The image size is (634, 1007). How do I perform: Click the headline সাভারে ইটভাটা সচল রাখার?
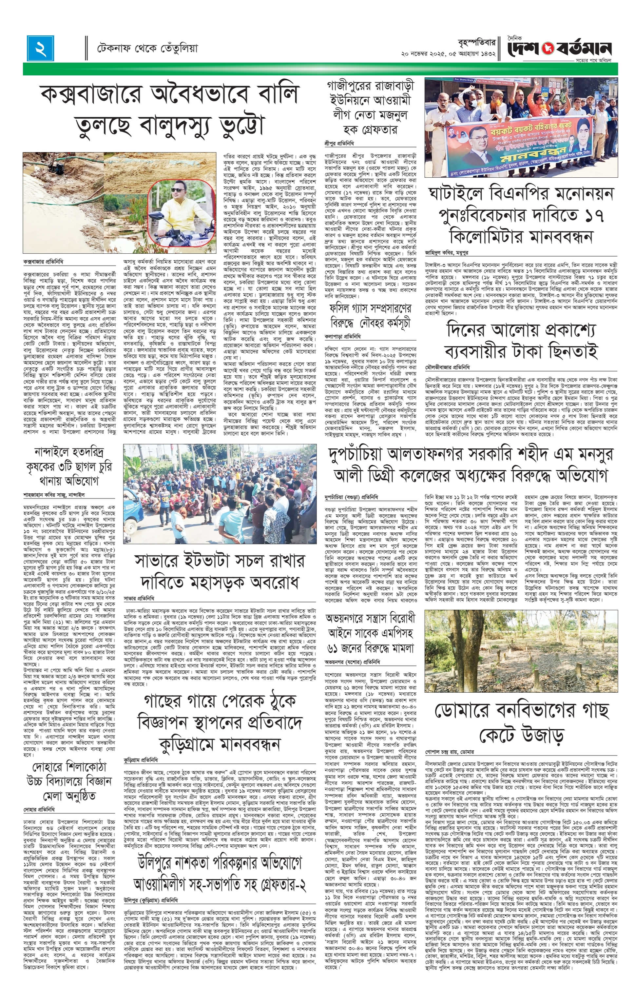point(220,570)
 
